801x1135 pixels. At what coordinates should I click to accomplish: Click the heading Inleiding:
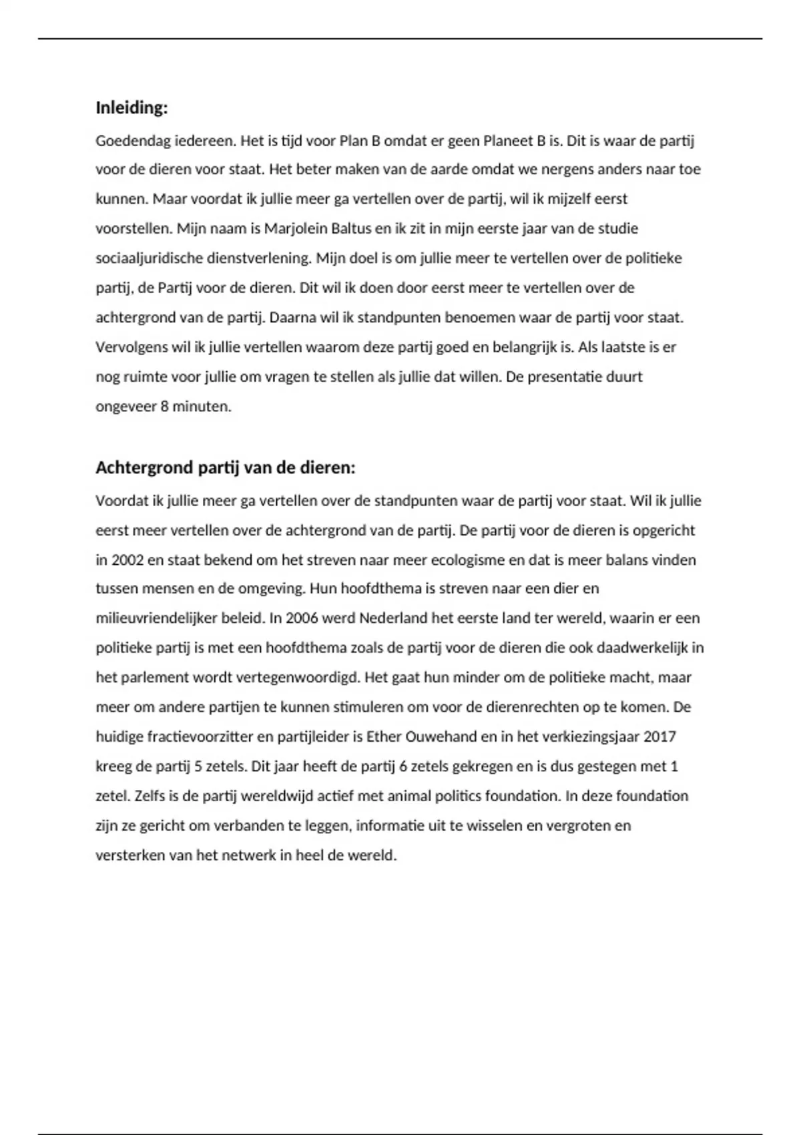click(x=131, y=107)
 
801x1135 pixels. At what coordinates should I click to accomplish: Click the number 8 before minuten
click(x=164, y=406)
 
